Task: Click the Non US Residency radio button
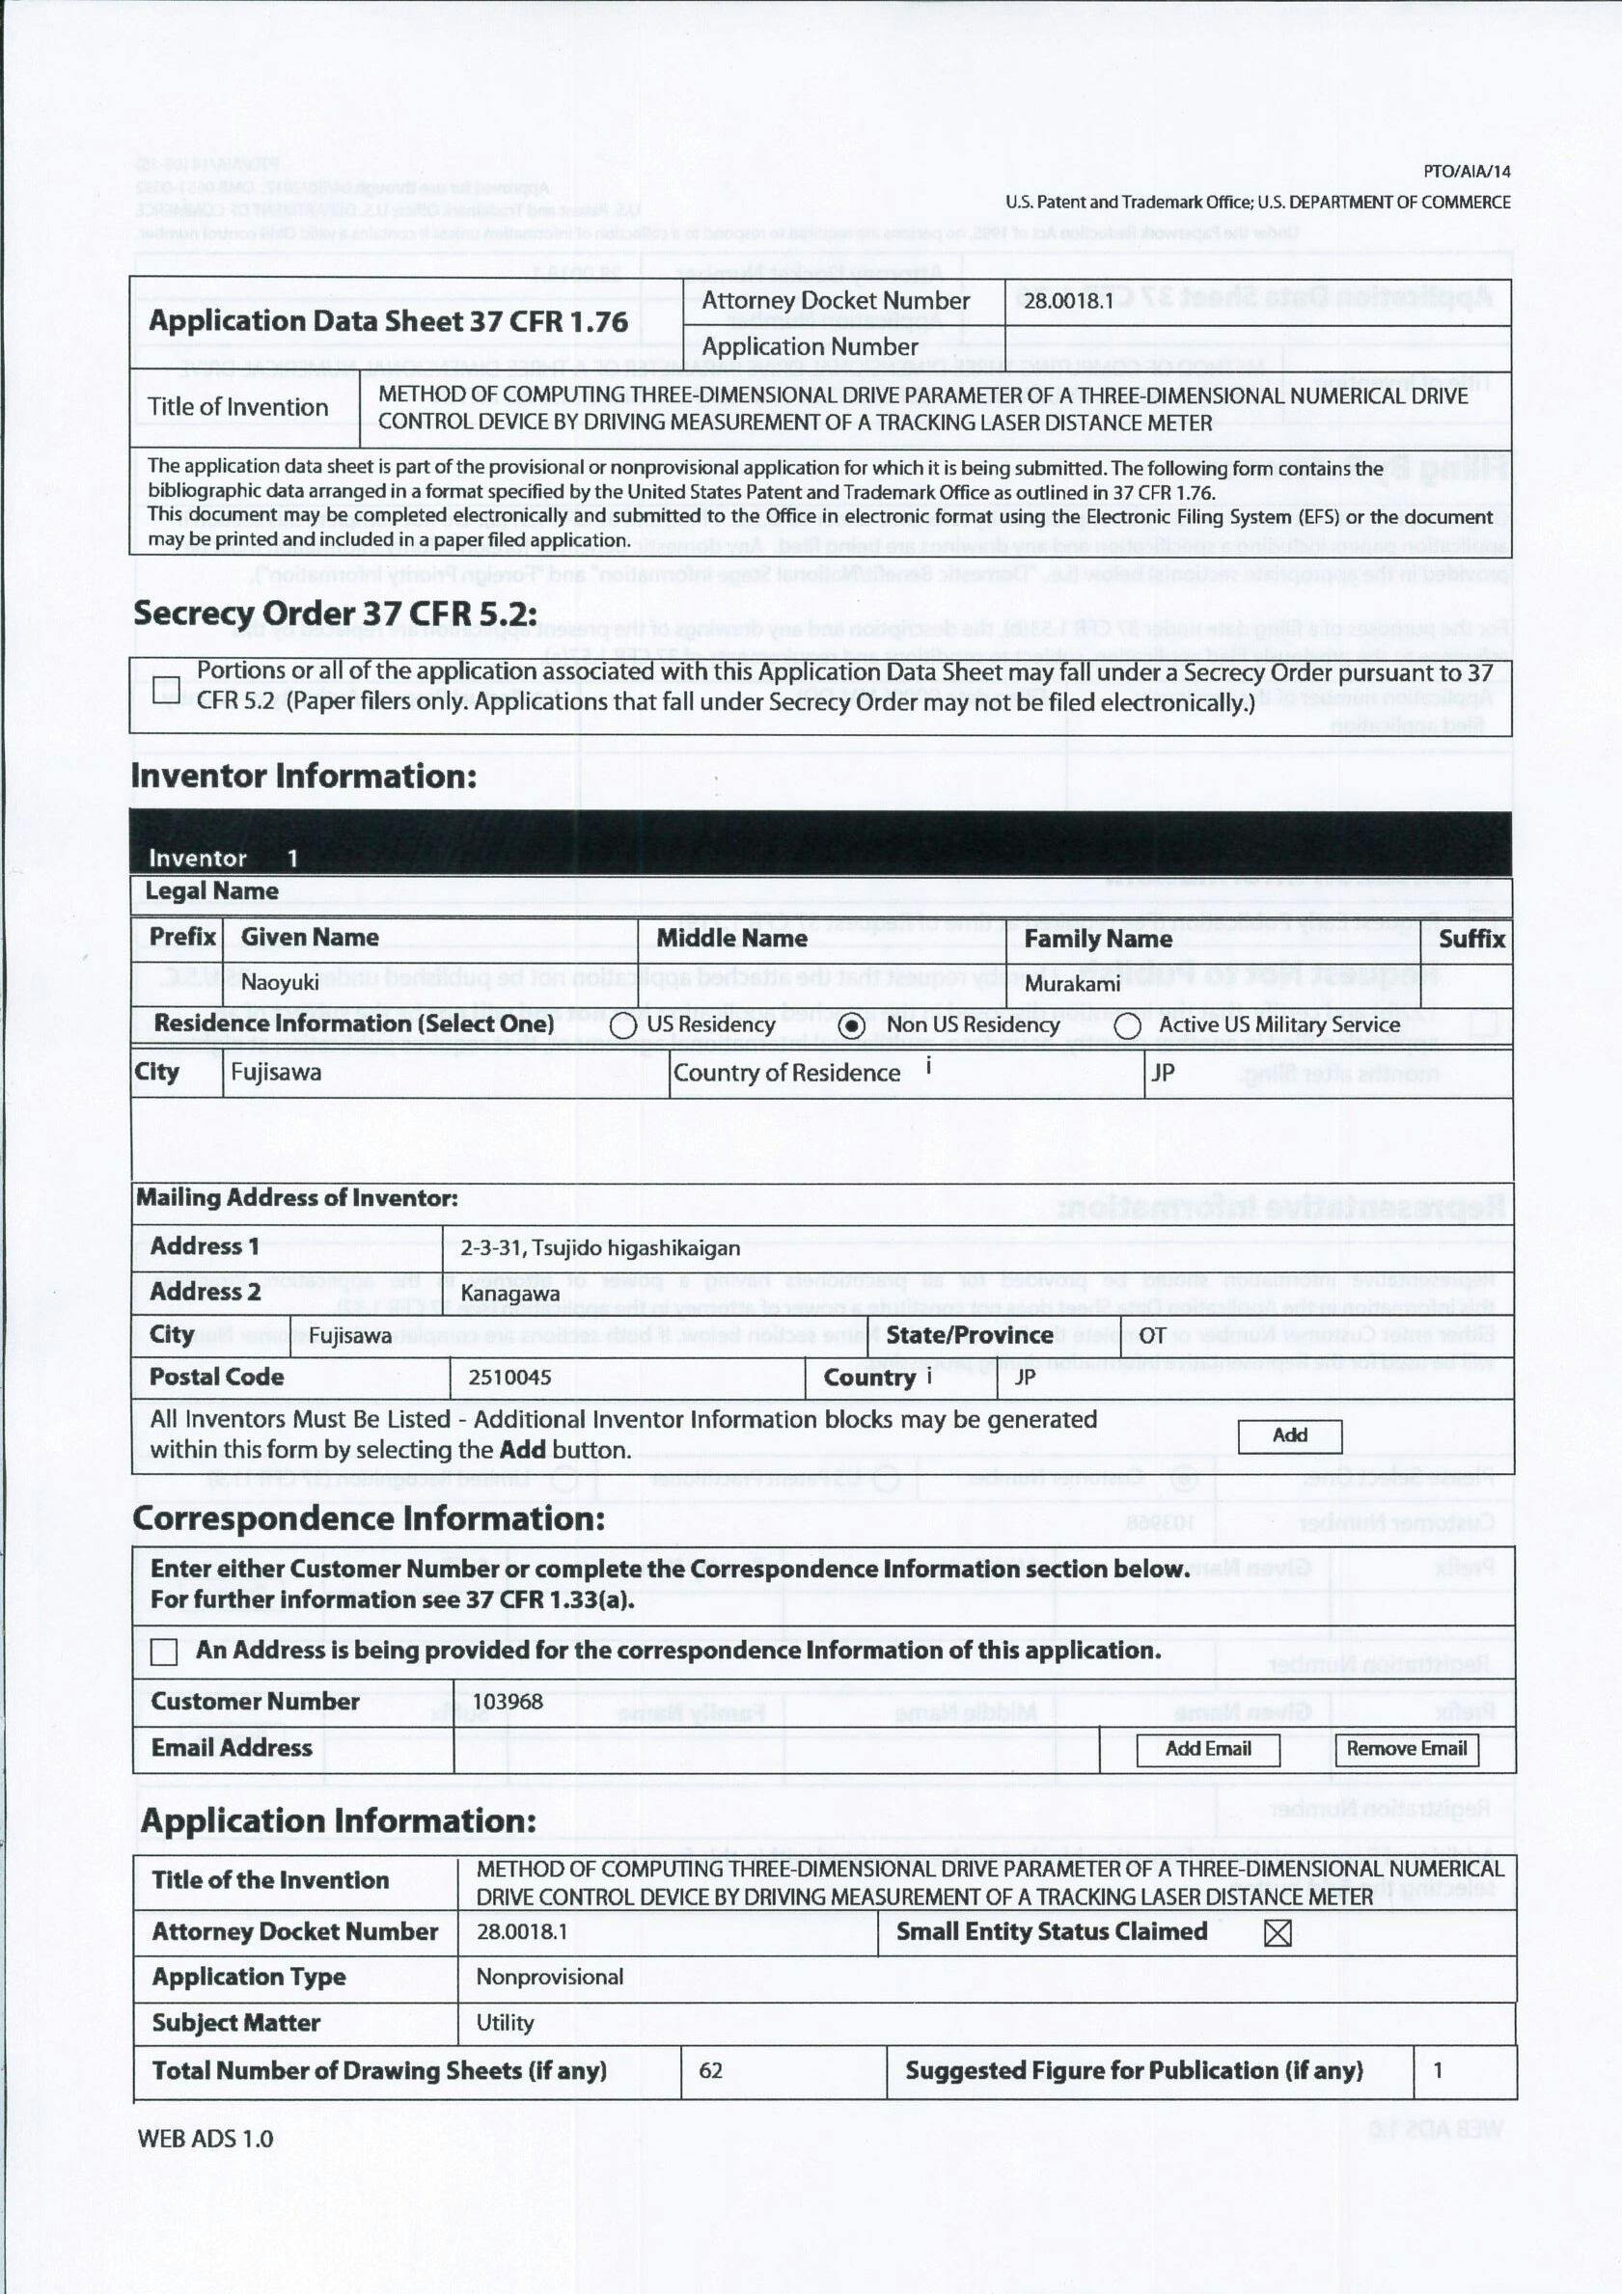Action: (x=851, y=1026)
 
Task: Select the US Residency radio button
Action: (x=622, y=1026)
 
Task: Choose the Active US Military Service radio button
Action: (x=1127, y=1026)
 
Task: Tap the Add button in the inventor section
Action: (x=1289, y=1435)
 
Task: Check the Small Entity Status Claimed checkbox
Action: (x=1278, y=1932)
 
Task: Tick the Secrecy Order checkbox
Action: (x=167, y=690)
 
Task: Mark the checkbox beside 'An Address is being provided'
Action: (x=165, y=1652)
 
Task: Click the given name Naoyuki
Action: (x=280, y=983)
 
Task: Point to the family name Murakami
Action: (x=1072, y=984)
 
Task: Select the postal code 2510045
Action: (x=509, y=1378)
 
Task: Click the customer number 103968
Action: (x=508, y=1702)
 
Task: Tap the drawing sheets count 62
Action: (x=710, y=2070)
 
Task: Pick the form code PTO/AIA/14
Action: (x=1466, y=172)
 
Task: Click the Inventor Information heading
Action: (x=304, y=777)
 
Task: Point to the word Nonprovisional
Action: (x=550, y=1977)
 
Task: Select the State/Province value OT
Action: (x=1152, y=1336)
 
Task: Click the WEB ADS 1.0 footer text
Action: (x=205, y=2138)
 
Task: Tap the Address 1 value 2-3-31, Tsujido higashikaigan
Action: (x=599, y=1248)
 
